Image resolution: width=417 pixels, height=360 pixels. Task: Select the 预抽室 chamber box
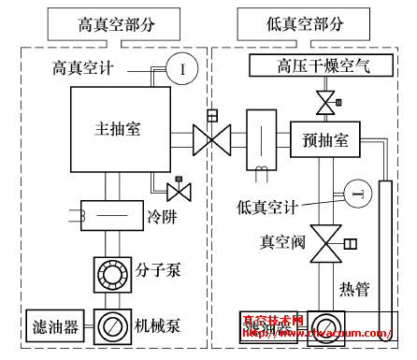[x=325, y=141]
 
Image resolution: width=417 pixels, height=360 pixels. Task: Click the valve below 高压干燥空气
[x=325, y=100]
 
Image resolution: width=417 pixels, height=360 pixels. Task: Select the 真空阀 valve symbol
[x=325, y=246]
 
